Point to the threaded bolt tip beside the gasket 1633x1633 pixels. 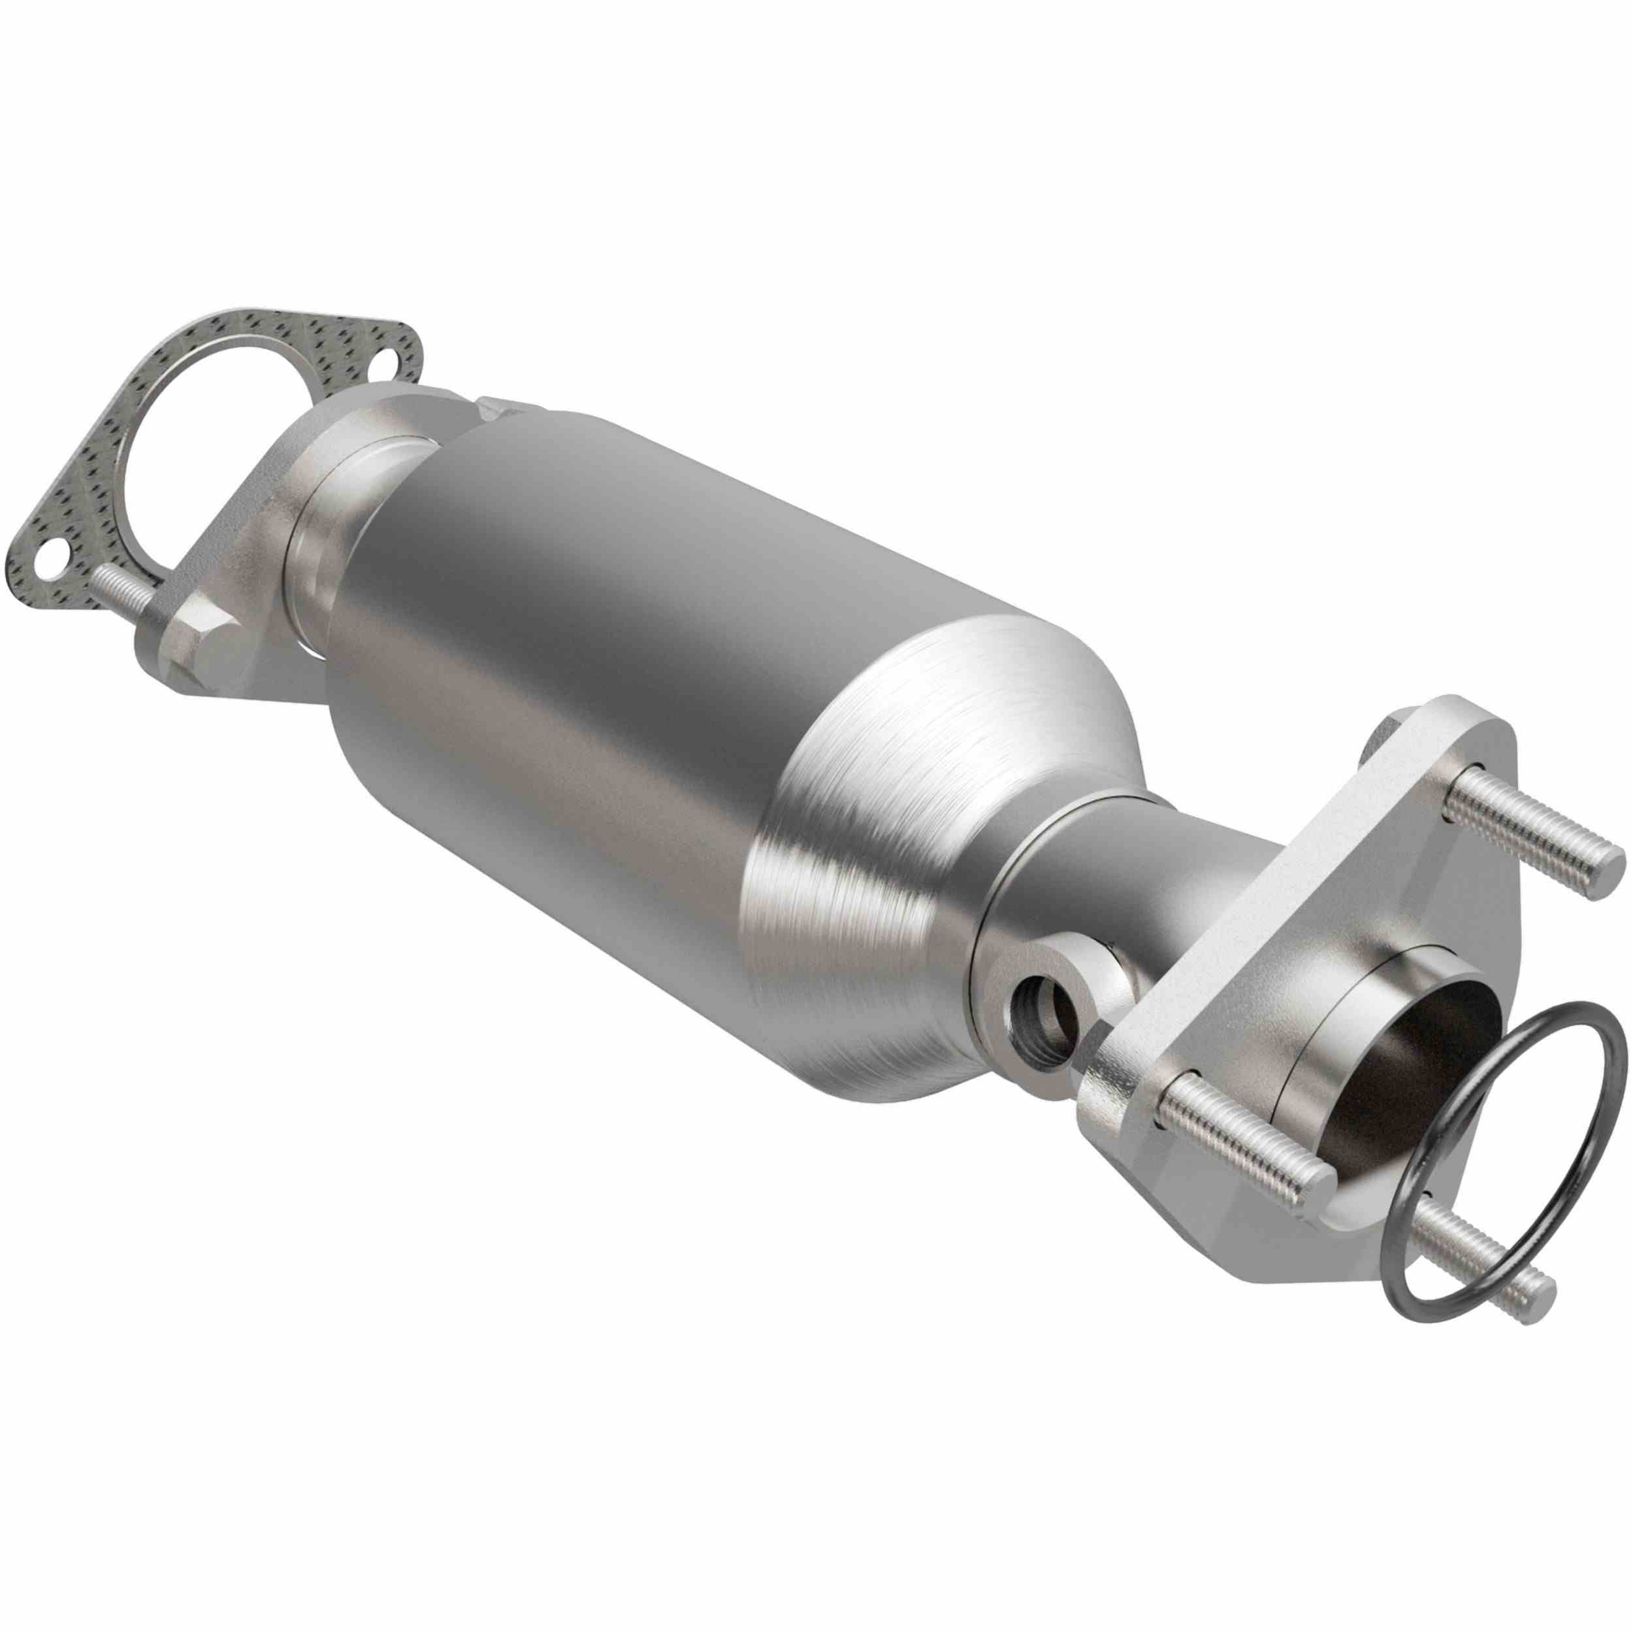(101, 577)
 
